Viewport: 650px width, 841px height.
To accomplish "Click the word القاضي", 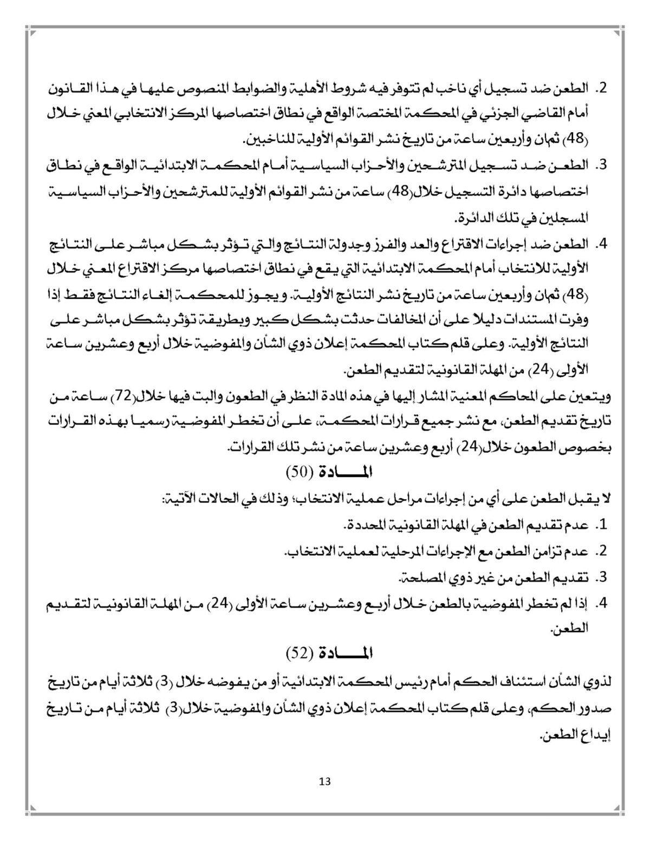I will [551, 113].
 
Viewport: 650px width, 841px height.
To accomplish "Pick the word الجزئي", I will [514, 113].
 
